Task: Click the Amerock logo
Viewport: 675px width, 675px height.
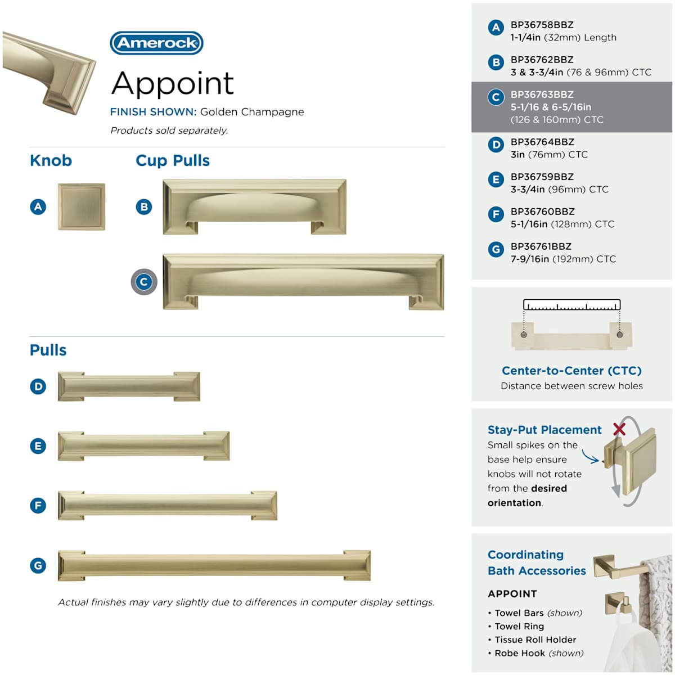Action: (156, 43)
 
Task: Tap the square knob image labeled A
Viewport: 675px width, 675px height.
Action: (81, 206)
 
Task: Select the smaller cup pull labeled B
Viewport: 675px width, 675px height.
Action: (254, 206)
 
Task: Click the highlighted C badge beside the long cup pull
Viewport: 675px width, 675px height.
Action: (144, 282)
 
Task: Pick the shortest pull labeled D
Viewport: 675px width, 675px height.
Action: (129, 386)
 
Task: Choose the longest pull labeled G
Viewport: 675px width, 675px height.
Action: (214, 565)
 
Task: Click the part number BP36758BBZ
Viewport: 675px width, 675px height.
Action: (542, 25)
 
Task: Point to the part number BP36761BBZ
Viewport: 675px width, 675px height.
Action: (541, 246)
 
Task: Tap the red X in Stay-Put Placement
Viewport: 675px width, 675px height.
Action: (619, 429)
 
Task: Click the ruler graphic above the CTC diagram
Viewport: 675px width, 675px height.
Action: (571, 304)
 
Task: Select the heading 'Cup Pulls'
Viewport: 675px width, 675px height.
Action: (173, 161)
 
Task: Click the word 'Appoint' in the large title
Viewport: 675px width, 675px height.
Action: (172, 83)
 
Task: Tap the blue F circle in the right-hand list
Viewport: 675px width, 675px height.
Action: (496, 214)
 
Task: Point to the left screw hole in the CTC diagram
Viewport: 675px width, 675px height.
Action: (524, 335)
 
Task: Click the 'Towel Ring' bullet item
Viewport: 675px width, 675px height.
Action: (516, 626)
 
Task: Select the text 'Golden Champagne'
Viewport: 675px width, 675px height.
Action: (252, 112)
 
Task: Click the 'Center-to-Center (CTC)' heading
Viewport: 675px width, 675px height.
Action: (571, 370)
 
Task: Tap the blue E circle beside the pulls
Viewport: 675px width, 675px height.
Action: (38, 446)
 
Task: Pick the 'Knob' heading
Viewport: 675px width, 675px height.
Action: (51, 161)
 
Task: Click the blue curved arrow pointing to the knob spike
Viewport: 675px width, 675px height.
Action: (589, 456)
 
